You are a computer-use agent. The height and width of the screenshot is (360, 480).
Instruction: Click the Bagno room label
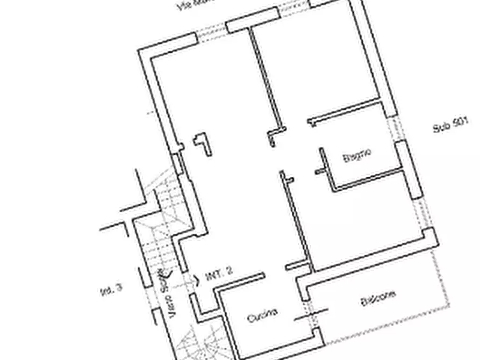coord(357,156)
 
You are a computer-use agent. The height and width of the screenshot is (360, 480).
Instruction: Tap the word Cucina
coord(262,315)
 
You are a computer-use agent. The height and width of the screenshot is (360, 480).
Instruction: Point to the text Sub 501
coord(450,126)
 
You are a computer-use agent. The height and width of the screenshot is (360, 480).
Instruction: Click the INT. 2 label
coord(219,276)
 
